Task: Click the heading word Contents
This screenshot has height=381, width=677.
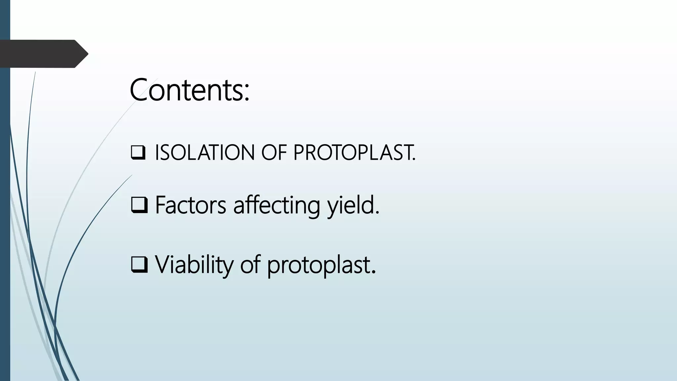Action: pos(187,90)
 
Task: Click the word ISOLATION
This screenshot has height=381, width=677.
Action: pos(205,153)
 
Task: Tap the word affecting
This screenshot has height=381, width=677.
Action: pos(277,206)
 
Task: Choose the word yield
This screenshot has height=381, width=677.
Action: pos(351,206)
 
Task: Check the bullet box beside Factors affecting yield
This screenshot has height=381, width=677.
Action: pos(139,205)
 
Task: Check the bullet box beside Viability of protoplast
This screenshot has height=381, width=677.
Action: pos(139,265)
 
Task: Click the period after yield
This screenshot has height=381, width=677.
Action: pos(377,213)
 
